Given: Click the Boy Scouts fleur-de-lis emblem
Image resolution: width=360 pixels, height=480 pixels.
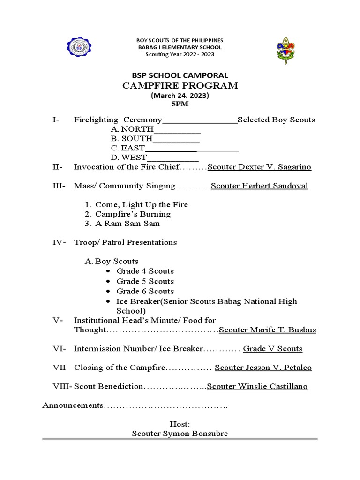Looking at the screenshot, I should tap(285, 51).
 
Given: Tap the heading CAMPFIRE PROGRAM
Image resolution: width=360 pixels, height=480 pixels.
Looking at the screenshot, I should tap(180, 86).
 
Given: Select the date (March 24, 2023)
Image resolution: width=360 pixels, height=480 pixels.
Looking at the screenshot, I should tap(180, 95).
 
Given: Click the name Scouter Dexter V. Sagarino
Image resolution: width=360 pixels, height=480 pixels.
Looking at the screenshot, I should tap(259, 167).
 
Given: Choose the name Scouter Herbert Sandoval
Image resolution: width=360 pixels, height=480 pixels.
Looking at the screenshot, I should tap(259, 186).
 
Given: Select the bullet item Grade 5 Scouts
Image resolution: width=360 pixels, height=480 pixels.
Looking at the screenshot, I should tap(145, 281).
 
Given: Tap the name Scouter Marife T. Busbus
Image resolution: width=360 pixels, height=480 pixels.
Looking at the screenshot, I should tap(268, 330).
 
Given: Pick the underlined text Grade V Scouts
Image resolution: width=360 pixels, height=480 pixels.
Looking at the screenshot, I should tap(272, 349).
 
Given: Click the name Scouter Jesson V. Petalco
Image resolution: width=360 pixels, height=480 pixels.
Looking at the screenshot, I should tap(263, 367).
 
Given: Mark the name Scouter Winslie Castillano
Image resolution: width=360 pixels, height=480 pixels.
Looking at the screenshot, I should tap(257, 386).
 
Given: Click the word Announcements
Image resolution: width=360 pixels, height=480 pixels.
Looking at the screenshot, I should tap(73, 405).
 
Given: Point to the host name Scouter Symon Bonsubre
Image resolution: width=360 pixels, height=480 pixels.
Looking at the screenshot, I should tap(180, 434).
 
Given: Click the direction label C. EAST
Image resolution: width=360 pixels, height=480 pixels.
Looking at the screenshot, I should tap(127, 148).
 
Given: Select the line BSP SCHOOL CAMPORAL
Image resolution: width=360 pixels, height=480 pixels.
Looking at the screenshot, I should tap(180, 75).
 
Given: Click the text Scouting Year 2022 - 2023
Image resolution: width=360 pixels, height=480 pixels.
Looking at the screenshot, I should tap(180, 55).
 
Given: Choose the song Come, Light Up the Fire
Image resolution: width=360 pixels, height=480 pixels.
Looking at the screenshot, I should tap(141, 205).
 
